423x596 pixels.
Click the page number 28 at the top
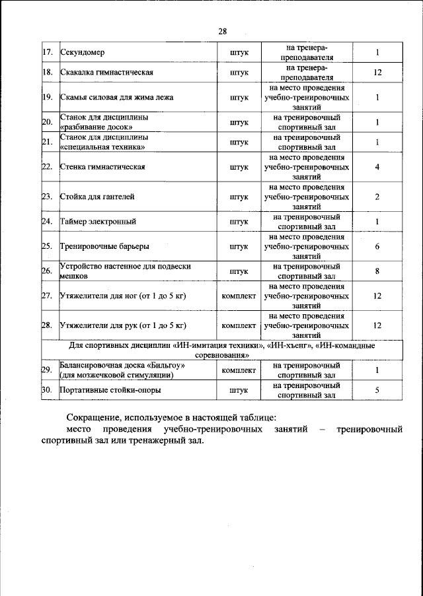pos(222,30)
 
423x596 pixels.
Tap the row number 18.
pos(47,72)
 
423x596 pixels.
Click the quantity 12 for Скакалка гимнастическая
pos(377,72)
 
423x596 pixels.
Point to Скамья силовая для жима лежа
pos(116,98)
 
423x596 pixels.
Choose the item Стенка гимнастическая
pos(102,167)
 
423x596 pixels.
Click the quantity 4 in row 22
pos(377,167)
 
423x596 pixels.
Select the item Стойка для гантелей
pos(97,197)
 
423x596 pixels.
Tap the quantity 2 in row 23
pos(377,197)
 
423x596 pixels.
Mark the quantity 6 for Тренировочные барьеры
pos(377,246)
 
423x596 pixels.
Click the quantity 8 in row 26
pos(377,271)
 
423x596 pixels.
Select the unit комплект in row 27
pos(239,296)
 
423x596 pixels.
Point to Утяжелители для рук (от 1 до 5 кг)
pos(123,325)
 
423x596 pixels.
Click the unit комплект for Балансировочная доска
pos(239,370)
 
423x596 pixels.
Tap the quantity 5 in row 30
pos(377,390)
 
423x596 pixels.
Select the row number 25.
pos(47,246)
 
